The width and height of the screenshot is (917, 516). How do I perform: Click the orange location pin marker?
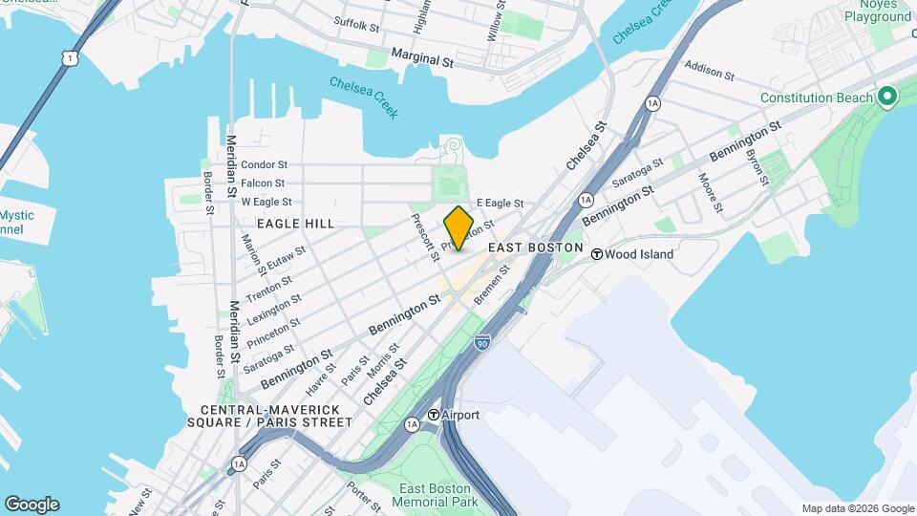pos(458,228)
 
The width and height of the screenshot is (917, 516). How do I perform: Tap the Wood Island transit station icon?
pos(597,254)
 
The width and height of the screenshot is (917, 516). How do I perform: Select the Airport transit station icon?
pos(433,415)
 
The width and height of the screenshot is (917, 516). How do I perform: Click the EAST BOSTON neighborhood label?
pos(535,247)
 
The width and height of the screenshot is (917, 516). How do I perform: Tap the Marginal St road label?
pos(421,59)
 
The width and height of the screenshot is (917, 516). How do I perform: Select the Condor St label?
pos(263,164)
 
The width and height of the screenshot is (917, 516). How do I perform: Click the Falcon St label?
pos(263,183)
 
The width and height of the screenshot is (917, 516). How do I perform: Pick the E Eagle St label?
pos(501,203)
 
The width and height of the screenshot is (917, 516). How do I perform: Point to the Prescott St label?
pos(424,235)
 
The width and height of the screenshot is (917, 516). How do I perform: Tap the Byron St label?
pos(757,165)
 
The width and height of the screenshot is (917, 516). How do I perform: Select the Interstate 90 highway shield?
pos(482,341)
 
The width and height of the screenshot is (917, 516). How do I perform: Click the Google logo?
pos(32,505)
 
